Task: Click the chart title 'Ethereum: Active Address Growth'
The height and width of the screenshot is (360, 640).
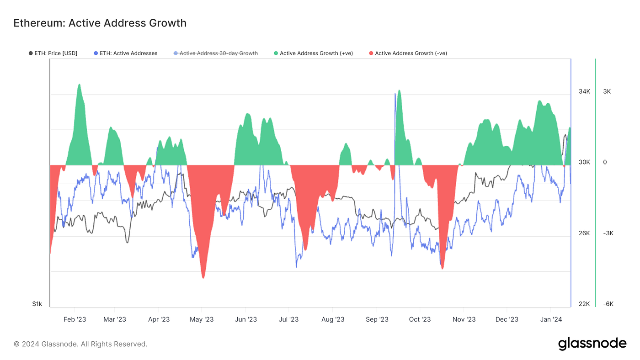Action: [x=100, y=23]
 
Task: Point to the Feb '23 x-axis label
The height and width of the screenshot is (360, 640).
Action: [x=75, y=319]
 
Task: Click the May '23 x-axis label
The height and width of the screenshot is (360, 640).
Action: [x=202, y=319]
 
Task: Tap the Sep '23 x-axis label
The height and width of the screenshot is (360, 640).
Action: [x=378, y=319]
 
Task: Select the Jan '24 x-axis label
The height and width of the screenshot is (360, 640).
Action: [x=551, y=319]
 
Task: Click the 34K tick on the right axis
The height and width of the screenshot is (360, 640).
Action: [x=584, y=91]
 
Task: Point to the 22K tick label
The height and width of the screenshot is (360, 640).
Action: [x=584, y=304]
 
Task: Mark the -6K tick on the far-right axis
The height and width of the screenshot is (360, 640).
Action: [x=608, y=304]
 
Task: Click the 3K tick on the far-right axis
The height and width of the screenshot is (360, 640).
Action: [x=607, y=91]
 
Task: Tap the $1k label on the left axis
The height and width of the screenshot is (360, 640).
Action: [x=37, y=304]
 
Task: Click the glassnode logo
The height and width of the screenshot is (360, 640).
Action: [x=592, y=344]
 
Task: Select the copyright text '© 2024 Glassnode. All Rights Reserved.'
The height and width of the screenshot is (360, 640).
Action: [x=80, y=344]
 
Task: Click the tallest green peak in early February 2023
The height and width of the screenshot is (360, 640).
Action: [x=79, y=85]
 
